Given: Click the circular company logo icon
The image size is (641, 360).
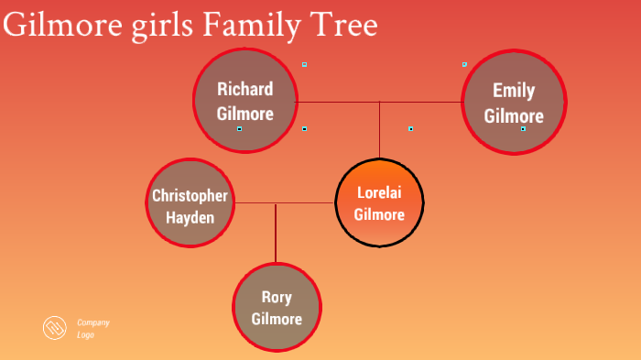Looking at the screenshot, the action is tap(56, 328).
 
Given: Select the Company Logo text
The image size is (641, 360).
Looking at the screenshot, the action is tap(92, 328).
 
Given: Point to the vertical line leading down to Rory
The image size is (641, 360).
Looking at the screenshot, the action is tap(276, 234).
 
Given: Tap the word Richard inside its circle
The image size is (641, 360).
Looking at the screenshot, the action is tap(244, 89).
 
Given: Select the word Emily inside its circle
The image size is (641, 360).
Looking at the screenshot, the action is tap(513, 91).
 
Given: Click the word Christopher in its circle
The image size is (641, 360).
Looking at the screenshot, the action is tap(190, 196).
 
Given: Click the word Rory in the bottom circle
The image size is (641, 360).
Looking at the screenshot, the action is tap(277, 298).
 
